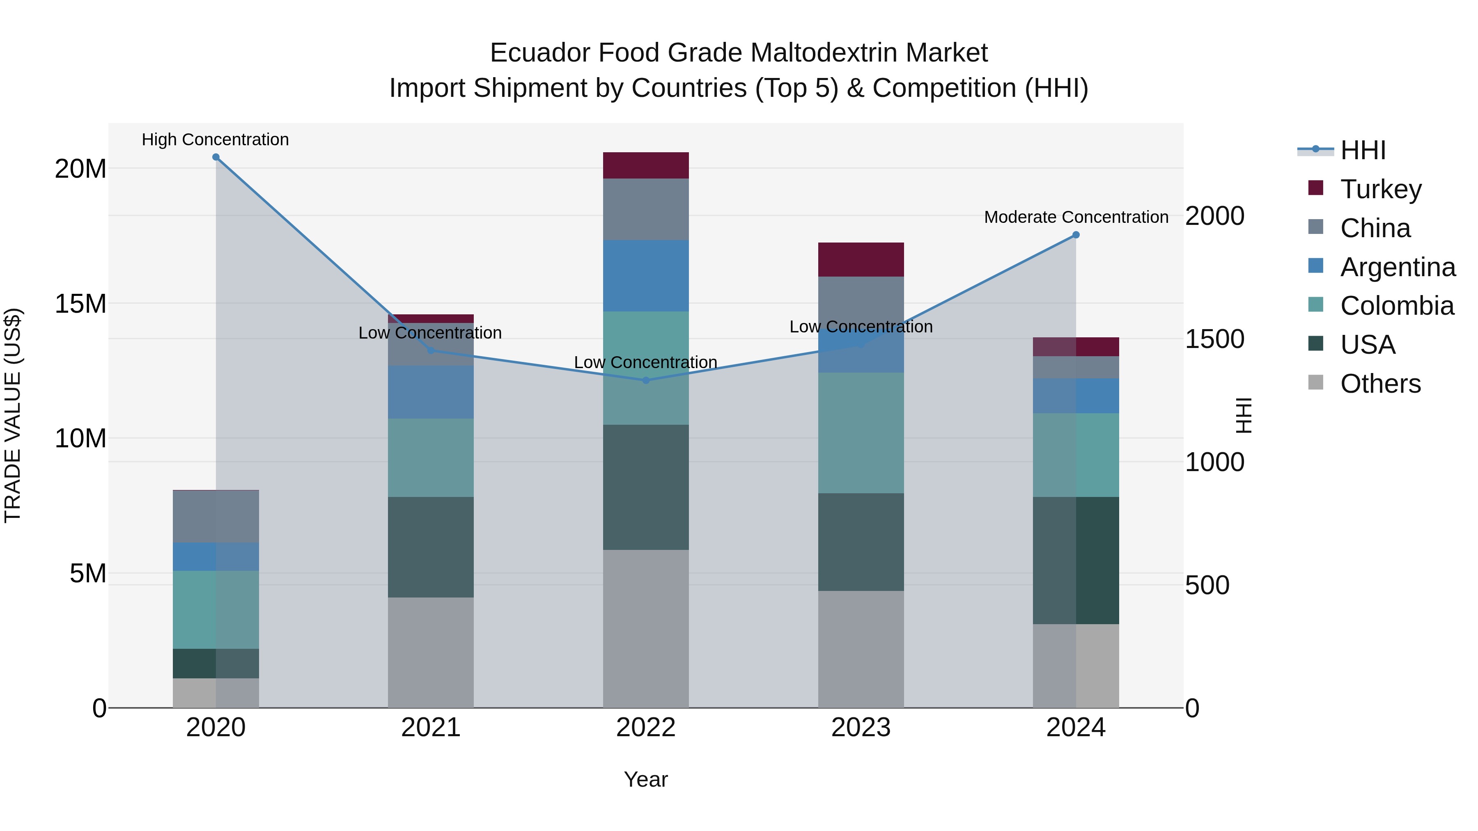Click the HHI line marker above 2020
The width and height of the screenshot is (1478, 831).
216,157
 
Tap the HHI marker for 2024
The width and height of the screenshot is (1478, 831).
1076,235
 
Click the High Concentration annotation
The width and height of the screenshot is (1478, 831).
215,140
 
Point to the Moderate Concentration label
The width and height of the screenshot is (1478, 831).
1076,217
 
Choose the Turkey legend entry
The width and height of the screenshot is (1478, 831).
1380,189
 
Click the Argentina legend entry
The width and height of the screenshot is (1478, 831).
1397,267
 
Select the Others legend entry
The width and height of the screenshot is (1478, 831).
1380,384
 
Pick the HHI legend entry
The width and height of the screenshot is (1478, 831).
1363,150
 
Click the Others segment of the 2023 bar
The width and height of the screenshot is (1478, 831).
861,649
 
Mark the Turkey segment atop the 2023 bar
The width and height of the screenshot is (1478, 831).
861,260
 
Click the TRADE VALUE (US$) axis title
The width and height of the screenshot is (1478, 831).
13,415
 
